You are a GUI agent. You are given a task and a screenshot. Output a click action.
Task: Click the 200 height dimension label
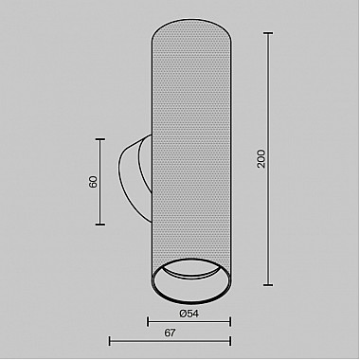(261, 159)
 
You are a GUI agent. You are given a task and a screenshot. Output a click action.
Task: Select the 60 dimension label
(93, 182)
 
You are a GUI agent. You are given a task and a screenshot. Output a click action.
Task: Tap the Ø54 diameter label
(189, 314)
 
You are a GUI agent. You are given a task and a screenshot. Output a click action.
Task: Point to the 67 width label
(170, 333)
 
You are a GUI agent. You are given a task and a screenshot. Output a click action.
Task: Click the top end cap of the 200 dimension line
(268, 33)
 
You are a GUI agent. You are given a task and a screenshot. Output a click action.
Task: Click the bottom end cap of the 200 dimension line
(268, 285)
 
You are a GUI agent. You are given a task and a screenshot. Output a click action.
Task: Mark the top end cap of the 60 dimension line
(100, 139)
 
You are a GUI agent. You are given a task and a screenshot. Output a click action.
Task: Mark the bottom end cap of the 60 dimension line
(100, 225)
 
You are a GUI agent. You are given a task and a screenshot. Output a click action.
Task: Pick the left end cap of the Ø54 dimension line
(148, 322)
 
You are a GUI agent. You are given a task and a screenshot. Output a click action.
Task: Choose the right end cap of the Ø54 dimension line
(230, 322)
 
